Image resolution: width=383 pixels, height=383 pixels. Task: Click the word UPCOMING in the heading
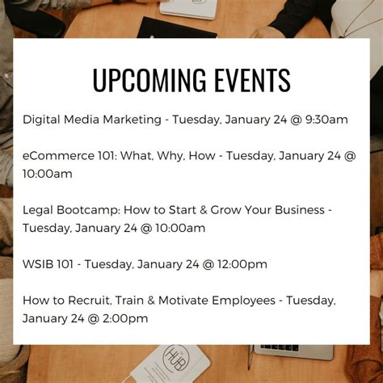(x=149, y=80)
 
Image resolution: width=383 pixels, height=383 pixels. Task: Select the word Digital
(x=41, y=120)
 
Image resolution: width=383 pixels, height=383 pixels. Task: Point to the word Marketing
(x=133, y=120)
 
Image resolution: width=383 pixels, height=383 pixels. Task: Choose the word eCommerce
(x=58, y=156)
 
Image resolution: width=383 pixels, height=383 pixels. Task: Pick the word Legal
(x=38, y=210)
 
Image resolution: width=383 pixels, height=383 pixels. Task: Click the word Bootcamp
(x=88, y=210)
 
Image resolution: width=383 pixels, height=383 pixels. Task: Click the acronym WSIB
(x=38, y=264)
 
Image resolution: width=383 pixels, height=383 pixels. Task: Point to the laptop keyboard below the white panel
(x=280, y=347)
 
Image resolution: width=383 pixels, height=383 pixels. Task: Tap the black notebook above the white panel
(x=176, y=28)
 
